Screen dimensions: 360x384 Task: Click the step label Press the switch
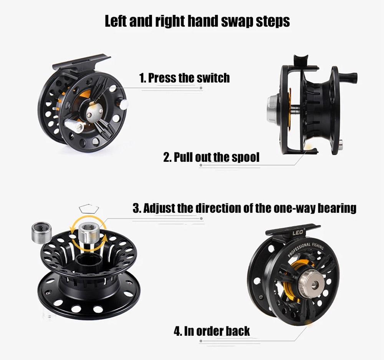tap(184, 78)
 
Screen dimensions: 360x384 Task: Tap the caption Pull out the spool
tap(211, 157)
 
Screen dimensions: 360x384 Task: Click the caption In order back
tap(212, 331)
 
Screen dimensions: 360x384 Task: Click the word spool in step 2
tap(246, 157)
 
